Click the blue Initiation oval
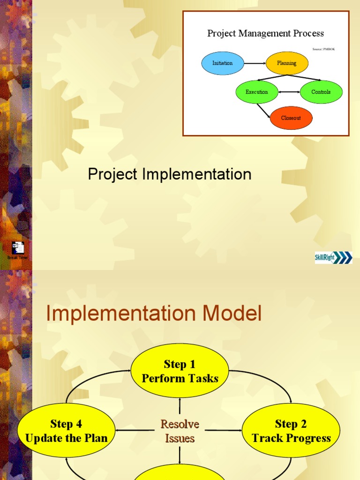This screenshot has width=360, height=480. pos(223,63)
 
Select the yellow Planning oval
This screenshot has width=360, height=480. pos(287,63)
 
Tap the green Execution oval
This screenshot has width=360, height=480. pos(257,92)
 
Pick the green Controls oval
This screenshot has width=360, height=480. pos(321,92)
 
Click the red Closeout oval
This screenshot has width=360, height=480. pos(291,118)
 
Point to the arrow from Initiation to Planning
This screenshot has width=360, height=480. pos(255,63)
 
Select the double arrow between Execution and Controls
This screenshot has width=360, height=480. pos(289,92)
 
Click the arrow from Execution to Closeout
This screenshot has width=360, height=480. pos(263,110)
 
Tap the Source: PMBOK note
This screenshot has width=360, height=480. pos(324,49)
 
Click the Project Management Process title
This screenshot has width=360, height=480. pos(266,33)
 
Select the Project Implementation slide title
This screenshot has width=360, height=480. pos(170,174)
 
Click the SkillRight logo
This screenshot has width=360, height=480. pos(333,257)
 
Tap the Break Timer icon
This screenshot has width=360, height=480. pos(18,248)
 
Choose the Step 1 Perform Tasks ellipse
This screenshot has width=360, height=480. pos(180,371)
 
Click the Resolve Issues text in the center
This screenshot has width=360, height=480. pos(180,431)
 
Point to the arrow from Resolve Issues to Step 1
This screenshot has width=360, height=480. pos(180,407)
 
